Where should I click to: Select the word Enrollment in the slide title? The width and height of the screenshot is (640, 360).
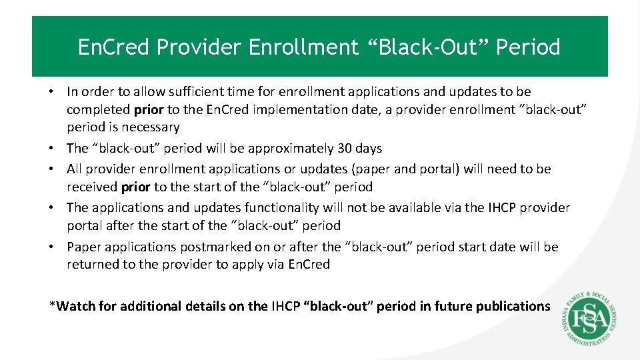pyautogui.click(x=304, y=47)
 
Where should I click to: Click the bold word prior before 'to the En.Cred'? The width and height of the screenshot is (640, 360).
pyautogui.click(x=149, y=109)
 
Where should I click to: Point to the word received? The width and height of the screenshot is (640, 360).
pyautogui.click(x=92, y=187)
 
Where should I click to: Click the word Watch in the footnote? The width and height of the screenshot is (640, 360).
pyautogui.click(x=75, y=306)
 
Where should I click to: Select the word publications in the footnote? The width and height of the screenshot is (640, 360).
pyautogui.click(x=510, y=306)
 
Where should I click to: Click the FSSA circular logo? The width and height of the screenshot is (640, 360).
pyautogui.click(x=587, y=319)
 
